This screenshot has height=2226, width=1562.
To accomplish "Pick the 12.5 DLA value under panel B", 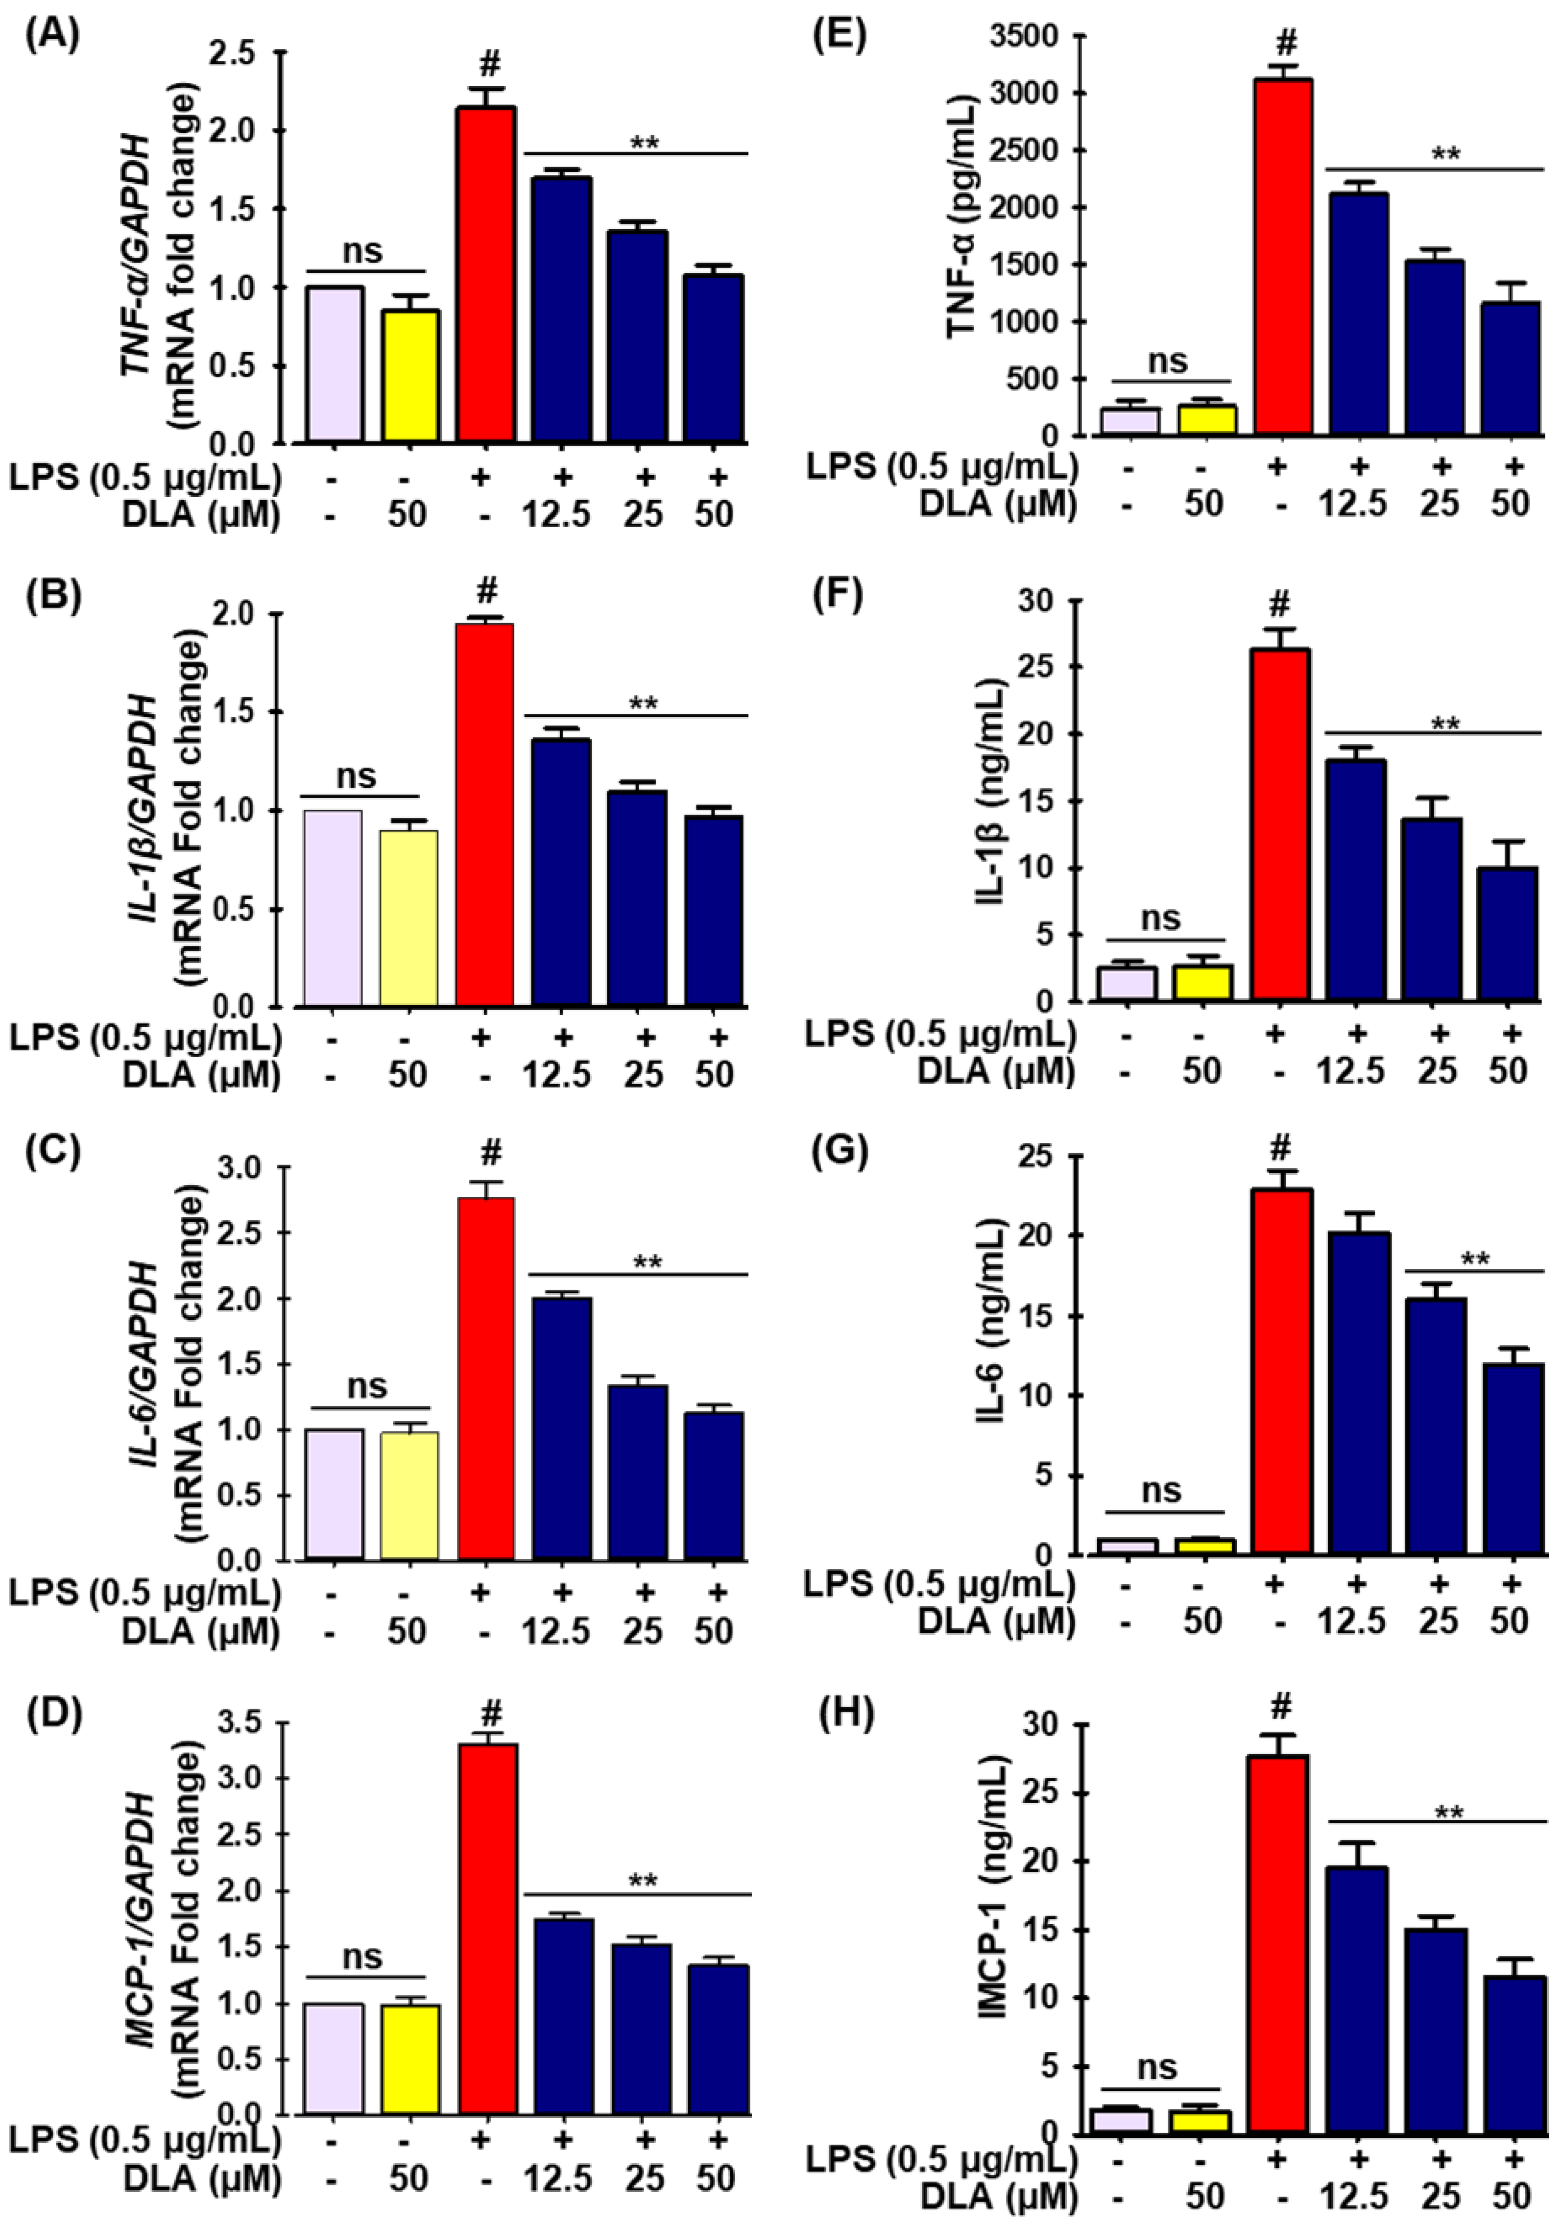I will point(556,1074).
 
